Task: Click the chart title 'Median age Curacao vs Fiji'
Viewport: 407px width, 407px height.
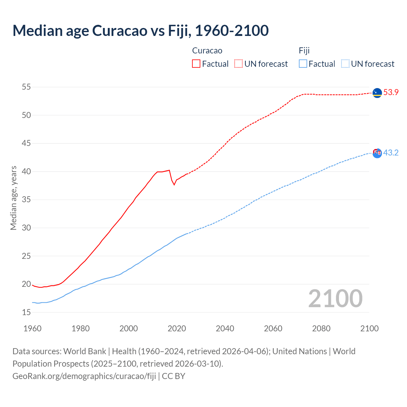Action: tap(141, 31)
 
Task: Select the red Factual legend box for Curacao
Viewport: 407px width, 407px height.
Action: tap(196, 64)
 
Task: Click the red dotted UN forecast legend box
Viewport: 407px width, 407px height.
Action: tap(238, 64)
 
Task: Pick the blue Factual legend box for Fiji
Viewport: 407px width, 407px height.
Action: tap(303, 64)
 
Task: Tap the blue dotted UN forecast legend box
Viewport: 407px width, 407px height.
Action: tap(345, 64)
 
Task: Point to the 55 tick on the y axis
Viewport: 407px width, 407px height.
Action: tap(26, 87)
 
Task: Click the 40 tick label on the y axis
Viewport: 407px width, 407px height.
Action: tap(26, 172)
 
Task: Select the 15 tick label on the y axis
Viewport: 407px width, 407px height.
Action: tap(26, 313)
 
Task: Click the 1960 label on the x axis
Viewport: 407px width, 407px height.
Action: tap(32, 328)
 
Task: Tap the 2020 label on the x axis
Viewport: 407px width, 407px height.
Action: tap(177, 328)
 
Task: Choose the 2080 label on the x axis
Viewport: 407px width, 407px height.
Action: tap(321, 328)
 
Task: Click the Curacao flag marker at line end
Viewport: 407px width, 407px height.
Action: tap(377, 93)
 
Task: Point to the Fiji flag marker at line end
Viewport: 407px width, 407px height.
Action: tap(377, 153)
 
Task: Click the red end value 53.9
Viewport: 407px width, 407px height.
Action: tap(391, 93)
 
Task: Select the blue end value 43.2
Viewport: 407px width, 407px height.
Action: tap(391, 153)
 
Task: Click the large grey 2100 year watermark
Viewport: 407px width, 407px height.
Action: tap(335, 299)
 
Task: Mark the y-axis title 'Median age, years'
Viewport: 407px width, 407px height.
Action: tap(13, 198)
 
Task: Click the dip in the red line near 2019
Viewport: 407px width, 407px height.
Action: tap(174, 185)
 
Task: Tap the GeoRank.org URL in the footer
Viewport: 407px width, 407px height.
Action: tap(84, 376)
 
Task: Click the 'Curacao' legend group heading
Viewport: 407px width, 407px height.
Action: tap(207, 51)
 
